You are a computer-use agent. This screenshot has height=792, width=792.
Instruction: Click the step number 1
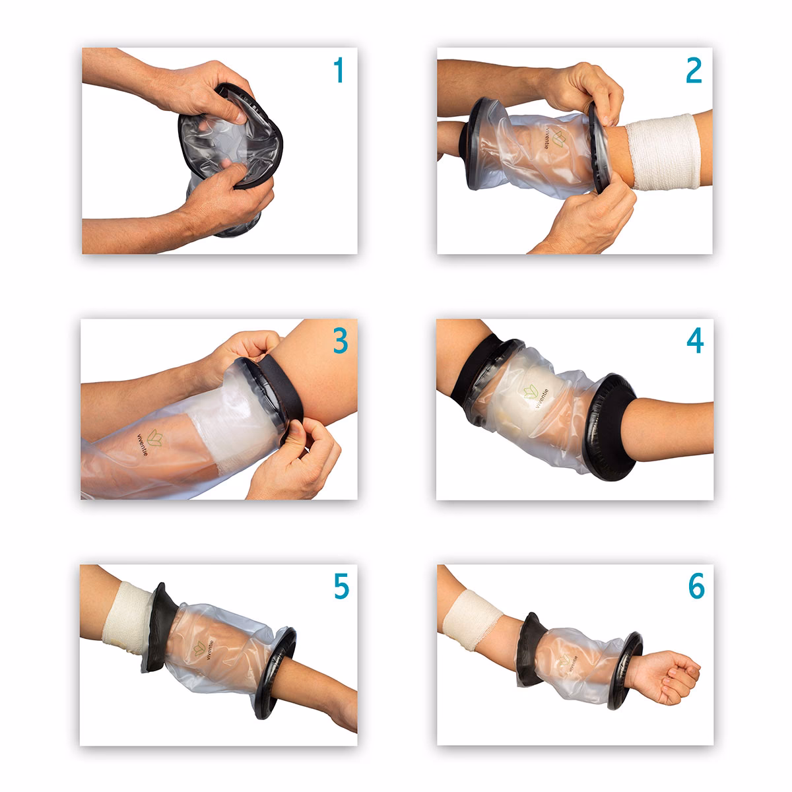[339, 71]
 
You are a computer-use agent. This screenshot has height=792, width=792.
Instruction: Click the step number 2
[693, 71]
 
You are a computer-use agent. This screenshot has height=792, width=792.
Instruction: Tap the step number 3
[339, 342]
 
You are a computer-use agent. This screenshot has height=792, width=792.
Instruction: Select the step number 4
[694, 341]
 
